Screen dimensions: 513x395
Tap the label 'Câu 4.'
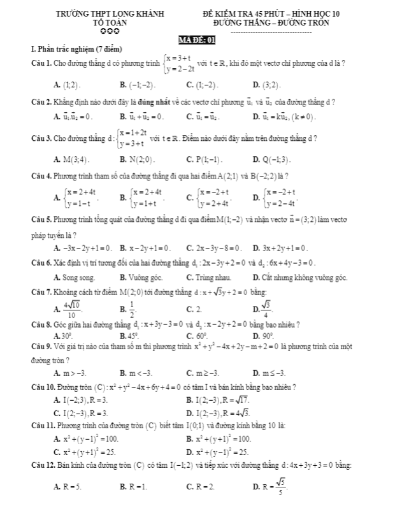pos(34,175)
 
